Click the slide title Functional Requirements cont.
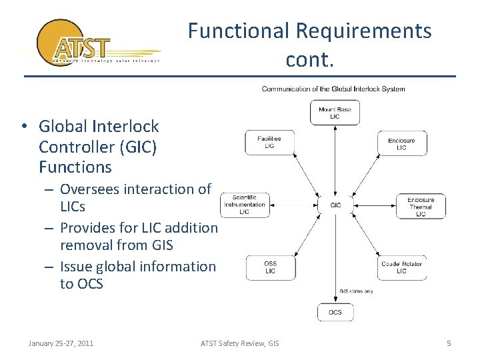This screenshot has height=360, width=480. click(309, 45)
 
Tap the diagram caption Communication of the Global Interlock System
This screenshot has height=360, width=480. click(333, 89)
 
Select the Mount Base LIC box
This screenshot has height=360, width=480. click(335, 113)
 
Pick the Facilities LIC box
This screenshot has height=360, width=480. click(269, 142)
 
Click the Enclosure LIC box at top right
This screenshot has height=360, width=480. click(401, 144)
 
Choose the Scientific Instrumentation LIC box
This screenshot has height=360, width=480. click(244, 204)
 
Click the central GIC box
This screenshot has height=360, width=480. click(335, 205)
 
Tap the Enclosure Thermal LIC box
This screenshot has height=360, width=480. click(421, 206)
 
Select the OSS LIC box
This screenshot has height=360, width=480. click(270, 267)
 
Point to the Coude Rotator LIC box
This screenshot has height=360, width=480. click(401, 267)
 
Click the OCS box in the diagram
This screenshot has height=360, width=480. click(335, 312)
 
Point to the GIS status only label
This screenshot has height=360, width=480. click(357, 291)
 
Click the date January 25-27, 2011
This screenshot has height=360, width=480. click(61, 343)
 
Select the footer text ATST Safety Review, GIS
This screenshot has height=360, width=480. click(240, 343)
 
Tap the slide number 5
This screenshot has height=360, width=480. click(449, 343)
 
